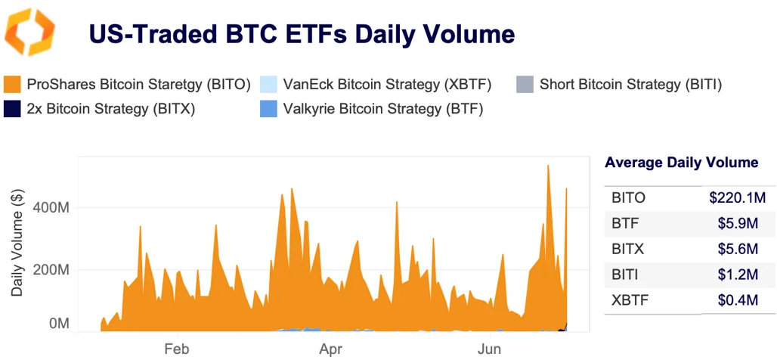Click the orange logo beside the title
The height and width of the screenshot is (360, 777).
pos(29,33)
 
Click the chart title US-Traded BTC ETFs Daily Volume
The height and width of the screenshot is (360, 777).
pos(302,34)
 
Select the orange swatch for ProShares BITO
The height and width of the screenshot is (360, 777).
pos(12,84)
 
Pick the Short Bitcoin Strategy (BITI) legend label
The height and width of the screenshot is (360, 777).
pos(630,84)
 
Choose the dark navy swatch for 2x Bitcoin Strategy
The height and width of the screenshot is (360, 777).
pos(12,108)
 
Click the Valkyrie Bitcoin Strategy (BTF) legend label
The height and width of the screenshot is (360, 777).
pos(382,108)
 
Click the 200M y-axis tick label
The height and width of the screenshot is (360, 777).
pos(54,270)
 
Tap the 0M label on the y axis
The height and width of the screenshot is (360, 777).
pos(59,324)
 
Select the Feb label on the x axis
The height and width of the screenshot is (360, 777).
pos(176,349)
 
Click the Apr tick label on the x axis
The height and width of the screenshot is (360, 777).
pos(331,349)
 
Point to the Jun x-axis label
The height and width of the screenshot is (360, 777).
pos(491,349)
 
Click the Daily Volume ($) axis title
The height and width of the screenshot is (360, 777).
pos(17,243)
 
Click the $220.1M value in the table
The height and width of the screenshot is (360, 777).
pos(732,198)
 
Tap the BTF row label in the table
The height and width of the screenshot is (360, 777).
pos(624,223)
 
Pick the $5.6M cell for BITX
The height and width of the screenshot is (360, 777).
pos(738,249)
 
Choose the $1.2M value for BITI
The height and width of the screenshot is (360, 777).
pos(738,275)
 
